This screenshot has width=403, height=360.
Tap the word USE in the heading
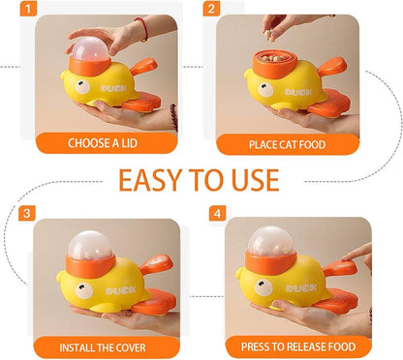249,180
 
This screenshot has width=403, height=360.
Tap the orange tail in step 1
145,70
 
